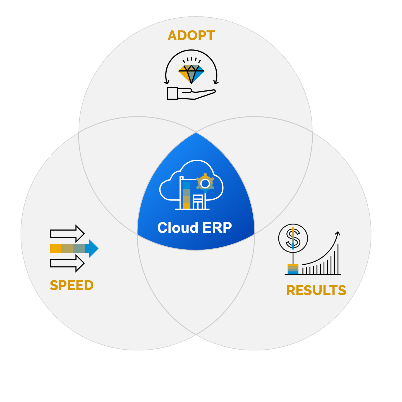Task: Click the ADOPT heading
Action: [191, 36]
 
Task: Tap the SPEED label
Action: [71, 285]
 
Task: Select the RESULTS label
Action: [316, 290]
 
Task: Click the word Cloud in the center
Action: [178, 228]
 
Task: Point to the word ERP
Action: [217, 228]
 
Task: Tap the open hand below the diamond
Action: [190, 94]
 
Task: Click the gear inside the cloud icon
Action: [205, 183]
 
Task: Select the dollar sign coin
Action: [293, 238]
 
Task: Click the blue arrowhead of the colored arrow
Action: [93, 248]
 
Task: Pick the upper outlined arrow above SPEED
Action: [67, 234]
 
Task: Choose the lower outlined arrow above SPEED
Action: [67, 263]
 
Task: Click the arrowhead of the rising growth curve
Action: [338, 233]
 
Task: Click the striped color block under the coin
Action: [293, 269]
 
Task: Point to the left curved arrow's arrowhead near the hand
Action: [167, 82]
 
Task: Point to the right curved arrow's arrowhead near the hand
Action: [216, 82]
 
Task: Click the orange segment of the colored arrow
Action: [56, 248]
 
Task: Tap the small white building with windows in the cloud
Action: [198, 202]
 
